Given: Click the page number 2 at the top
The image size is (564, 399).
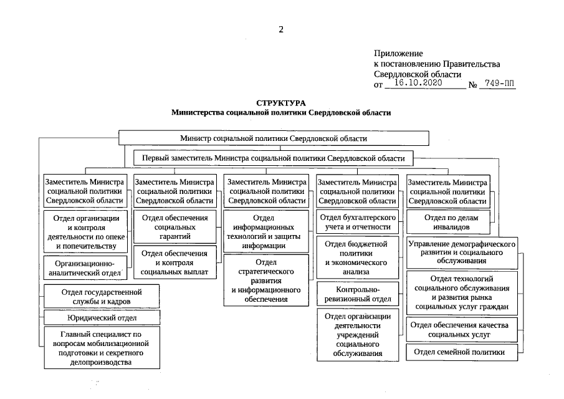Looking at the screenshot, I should (x=281, y=29).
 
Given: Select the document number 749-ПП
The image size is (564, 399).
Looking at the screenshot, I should (x=498, y=83).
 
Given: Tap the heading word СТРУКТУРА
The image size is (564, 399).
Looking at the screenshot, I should (x=281, y=102).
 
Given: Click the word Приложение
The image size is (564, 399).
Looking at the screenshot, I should (x=398, y=54).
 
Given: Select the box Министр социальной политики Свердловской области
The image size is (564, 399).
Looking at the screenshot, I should (x=273, y=138).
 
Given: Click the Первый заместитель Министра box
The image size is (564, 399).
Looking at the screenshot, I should (x=274, y=158).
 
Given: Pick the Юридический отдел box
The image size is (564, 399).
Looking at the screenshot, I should (x=102, y=318).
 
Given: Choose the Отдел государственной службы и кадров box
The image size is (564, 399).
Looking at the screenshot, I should (x=102, y=296).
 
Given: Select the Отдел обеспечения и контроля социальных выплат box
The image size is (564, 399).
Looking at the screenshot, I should (x=174, y=262).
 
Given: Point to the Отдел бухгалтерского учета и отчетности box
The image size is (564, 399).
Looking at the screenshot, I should (x=357, y=222).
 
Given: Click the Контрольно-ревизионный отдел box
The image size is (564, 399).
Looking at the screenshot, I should (x=357, y=295).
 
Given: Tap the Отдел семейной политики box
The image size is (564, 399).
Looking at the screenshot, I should (x=463, y=352).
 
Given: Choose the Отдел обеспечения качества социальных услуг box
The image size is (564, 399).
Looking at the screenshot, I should (x=463, y=330).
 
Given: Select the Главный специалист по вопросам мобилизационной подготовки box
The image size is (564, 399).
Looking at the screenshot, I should (x=102, y=348).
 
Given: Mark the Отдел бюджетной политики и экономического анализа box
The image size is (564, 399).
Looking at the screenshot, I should (x=357, y=258).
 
